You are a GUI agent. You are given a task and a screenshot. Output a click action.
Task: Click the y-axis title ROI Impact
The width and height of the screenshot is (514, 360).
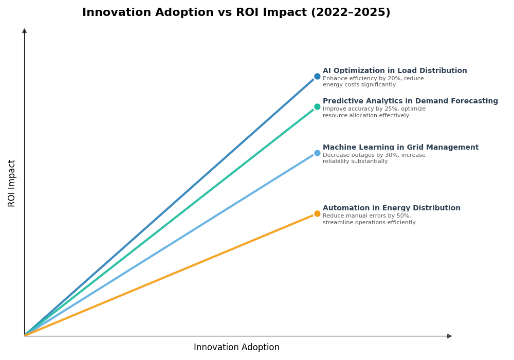point(12,183)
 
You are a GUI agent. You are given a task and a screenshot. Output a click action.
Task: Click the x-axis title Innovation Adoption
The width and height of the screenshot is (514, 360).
point(236,348)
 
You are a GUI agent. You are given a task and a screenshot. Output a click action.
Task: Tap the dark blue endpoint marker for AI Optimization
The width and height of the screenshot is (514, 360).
point(317,77)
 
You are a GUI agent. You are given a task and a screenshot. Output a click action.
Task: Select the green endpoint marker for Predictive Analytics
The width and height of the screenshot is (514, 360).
point(317,107)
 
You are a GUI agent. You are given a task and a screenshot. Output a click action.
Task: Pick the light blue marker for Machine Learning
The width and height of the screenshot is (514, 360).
point(317,153)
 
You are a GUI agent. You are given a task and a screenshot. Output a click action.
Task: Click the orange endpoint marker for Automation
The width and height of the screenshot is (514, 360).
point(317,214)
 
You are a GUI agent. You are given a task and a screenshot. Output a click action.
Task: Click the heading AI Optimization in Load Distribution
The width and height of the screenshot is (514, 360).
point(395,71)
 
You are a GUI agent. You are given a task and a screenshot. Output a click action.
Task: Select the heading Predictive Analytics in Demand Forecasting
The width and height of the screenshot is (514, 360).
point(410,101)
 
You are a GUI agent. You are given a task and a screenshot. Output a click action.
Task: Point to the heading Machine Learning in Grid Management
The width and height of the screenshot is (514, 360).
point(400,148)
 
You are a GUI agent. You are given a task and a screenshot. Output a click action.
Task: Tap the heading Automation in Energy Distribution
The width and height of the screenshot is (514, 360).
point(391,208)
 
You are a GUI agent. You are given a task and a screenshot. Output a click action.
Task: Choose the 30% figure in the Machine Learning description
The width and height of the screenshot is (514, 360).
point(389,155)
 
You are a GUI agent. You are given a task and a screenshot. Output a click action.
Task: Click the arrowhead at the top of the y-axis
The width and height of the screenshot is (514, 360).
point(24,31)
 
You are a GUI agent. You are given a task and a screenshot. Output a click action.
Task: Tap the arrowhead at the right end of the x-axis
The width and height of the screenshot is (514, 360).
point(449,336)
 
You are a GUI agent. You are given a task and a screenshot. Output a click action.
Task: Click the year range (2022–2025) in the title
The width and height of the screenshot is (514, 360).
point(350,13)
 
